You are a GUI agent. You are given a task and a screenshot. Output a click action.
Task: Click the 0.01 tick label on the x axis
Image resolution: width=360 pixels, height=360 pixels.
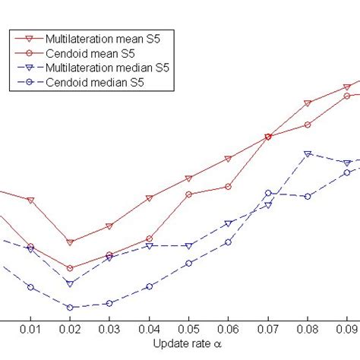pos(30,329)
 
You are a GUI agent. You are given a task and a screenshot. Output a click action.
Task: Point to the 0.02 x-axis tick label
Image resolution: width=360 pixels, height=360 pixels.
pos(70,329)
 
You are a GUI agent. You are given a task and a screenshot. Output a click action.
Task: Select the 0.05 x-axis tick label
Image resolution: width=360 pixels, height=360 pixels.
pos(189,329)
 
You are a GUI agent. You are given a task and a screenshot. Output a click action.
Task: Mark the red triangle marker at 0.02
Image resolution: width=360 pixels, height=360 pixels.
pos(70,242)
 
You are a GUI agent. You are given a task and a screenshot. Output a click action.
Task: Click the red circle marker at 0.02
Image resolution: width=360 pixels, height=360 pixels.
pos(70,268)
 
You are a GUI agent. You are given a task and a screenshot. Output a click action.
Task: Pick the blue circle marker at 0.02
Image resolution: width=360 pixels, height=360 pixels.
pos(70,308)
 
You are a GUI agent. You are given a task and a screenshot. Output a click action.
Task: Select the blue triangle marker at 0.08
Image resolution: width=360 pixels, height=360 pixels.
pos(308,153)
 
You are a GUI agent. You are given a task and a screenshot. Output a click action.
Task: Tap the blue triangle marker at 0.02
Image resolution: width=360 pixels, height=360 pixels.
pos(70,283)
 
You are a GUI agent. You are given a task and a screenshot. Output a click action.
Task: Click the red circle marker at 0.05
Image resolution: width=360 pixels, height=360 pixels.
pos(189,194)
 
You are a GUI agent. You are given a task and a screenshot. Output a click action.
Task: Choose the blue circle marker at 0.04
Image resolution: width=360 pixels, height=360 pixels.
pos(150,286)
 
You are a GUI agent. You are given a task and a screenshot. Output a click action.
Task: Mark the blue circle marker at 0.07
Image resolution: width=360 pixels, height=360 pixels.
pos(268,194)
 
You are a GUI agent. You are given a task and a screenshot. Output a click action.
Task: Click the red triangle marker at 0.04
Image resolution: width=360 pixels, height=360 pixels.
pos(150,198)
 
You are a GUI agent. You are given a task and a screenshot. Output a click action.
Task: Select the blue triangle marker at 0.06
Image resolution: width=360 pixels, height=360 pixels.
pos(229,223)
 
